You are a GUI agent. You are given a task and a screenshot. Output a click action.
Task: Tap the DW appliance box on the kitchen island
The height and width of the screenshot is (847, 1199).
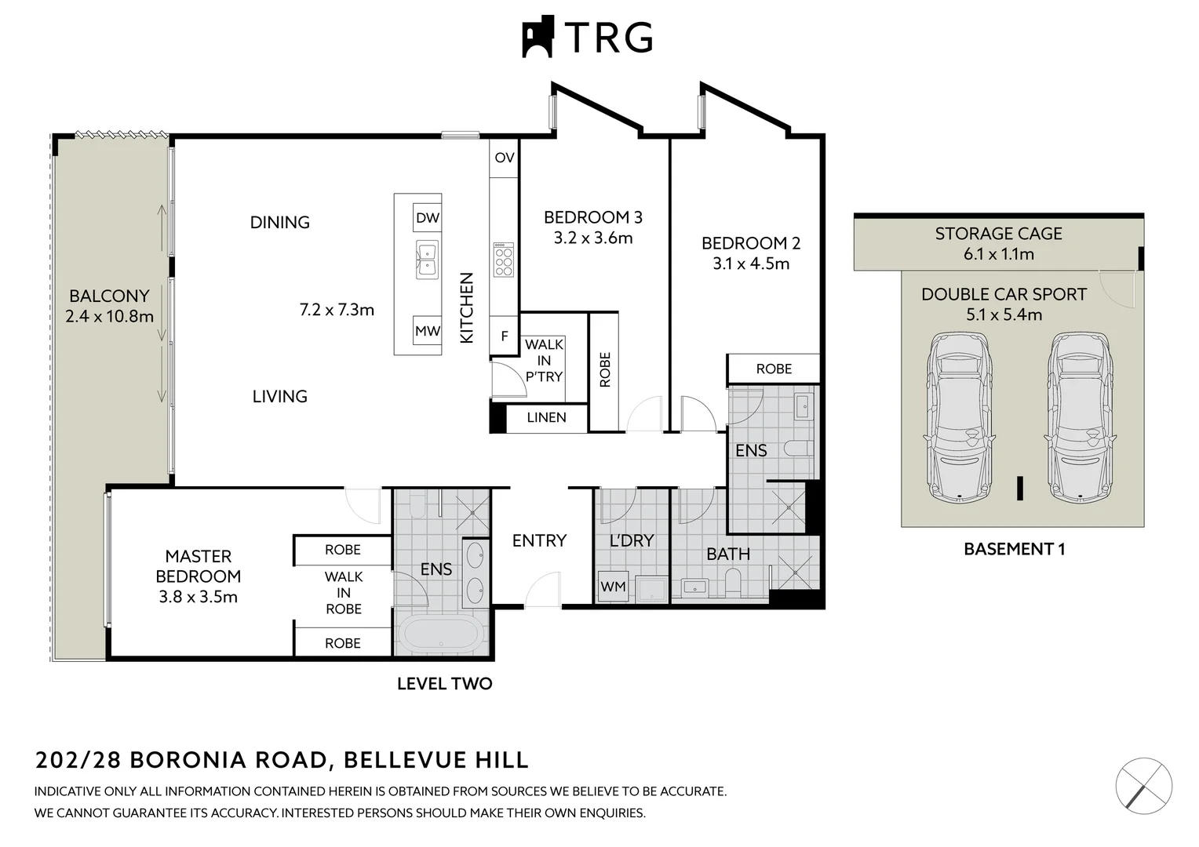tap(428, 218)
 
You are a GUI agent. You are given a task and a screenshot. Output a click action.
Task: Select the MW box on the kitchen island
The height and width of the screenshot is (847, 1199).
tap(428, 331)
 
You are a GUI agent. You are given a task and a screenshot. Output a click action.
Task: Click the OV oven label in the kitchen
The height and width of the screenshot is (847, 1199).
tap(505, 158)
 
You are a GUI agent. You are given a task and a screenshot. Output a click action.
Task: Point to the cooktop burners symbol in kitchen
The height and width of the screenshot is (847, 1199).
tap(503, 260)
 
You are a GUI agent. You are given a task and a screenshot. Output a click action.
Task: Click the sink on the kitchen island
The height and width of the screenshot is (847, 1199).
tap(427, 260)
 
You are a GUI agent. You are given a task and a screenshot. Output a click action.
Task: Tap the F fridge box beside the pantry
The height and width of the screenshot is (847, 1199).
tap(504, 336)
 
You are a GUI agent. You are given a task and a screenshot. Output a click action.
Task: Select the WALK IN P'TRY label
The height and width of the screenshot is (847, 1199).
tap(544, 361)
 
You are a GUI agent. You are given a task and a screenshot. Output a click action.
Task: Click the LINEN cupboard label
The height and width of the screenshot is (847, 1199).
tap(546, 417)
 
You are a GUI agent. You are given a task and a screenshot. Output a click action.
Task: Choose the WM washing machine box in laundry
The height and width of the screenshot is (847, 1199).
tap(613, 587)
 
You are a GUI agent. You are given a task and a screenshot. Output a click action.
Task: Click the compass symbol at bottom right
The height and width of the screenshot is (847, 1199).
tap(1144, 785)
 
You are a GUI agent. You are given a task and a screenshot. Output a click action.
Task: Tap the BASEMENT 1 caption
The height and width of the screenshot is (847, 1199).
tap(1014, 549)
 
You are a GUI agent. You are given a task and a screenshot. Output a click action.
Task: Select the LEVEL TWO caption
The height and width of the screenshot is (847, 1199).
tap(444, 684)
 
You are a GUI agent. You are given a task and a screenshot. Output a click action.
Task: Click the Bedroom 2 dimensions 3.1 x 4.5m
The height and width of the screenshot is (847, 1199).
tap(751, 264)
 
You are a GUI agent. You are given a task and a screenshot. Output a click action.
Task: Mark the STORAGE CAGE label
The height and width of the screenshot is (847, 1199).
tap(998, 234)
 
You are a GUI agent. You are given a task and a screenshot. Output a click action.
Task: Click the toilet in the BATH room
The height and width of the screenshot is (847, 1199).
tap(734, 581)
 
